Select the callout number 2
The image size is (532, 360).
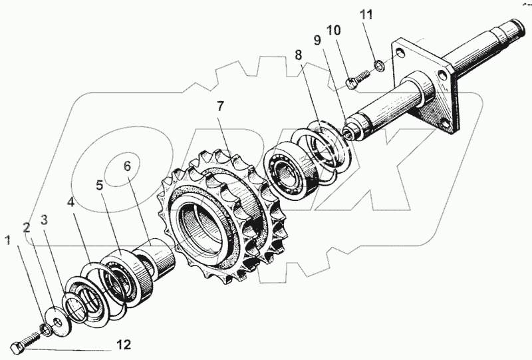[26, 227]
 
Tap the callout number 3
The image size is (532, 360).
[45, 219]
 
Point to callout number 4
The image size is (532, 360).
[71, 200]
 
